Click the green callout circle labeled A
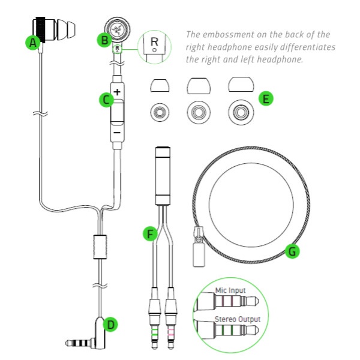[x=33, y=42]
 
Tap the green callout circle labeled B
[x=104, y=40]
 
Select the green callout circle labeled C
[x=106, y=100]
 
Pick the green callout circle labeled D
[x=110, y=325]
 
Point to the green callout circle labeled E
[x=266, y=99]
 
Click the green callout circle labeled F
[x=150, y=234]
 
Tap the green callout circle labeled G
[x=292, y=251]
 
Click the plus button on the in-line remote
[x=118, y=92]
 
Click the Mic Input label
[x=230, y=290]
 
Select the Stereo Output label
[x=238, y=319]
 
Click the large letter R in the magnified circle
[x=154, y=41]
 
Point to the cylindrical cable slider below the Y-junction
[x=100, y=247]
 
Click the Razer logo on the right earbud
[x=118, y=29]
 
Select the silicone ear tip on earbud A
[x=66, y=29]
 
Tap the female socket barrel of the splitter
[x=163, y=176]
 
